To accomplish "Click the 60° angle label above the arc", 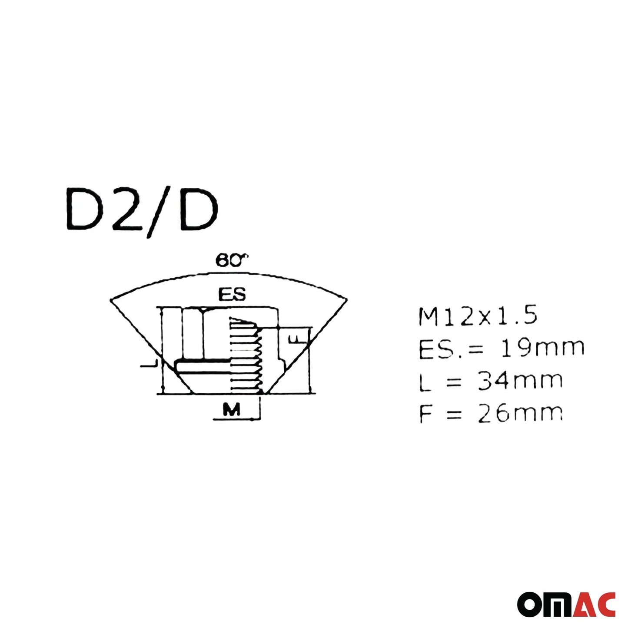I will pyautogui.click(x=232, y=261).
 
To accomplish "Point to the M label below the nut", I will pyautogui.click(x=231, y=409).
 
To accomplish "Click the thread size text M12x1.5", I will pyautogui.click(x=478, y=316).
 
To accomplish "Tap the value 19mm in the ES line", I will pyautogui.click(x=543, y=348).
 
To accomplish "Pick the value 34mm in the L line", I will pyautogui.click(x=520, y=381).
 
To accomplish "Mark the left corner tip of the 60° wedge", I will pyautogui.click(x=111, y=299).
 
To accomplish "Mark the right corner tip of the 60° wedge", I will pyautogui.click(x=346, y=299).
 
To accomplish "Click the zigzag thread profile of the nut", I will pyautogui.click(x=259, y=359).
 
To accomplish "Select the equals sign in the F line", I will pyautogui.click(x=454, y=414).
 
